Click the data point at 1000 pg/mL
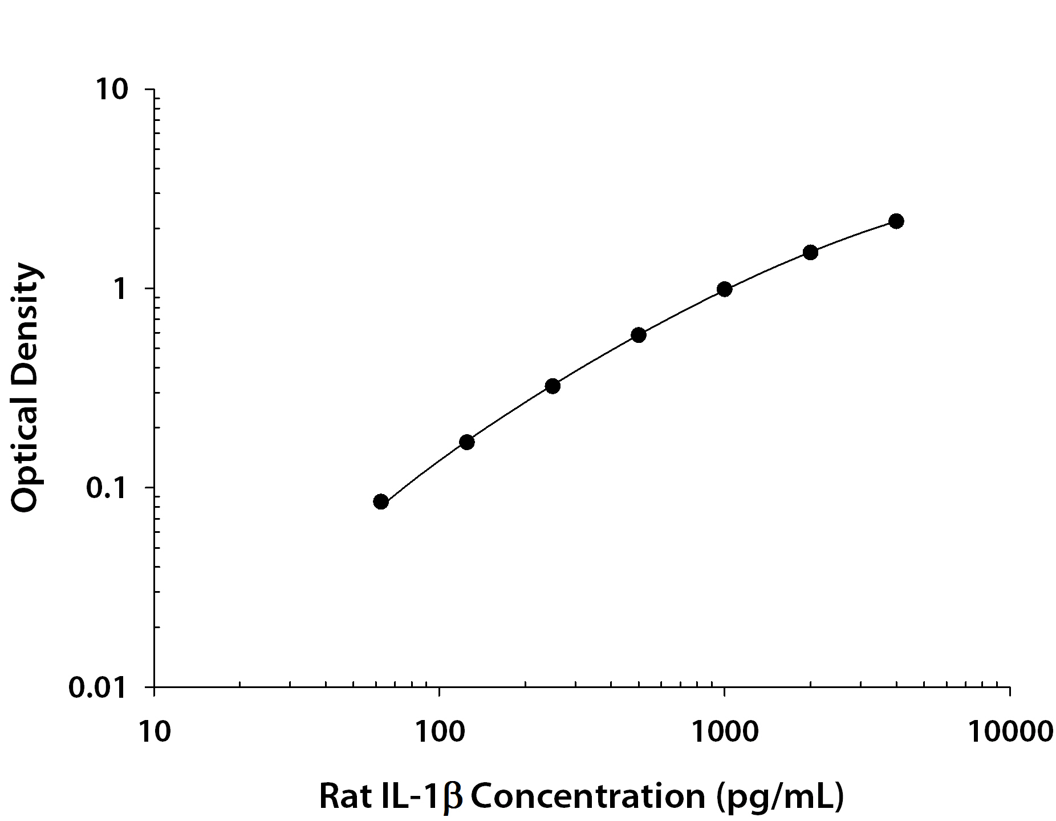click(724, 289)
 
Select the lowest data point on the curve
click(381, 502)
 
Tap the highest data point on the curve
click(896, 221)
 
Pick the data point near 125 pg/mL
click(466, 442)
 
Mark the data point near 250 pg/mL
click(552, 386)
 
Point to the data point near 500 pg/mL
click(639, 335)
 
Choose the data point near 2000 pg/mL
click(810, 252)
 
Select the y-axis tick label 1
click(120, 289)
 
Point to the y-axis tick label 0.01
click(98, 687)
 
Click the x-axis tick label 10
click(154, 731)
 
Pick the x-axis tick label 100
click(439, 731)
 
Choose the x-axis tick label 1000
click(724, 731)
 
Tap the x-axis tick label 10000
click(1010, 731)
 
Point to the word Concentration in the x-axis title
click(587, 796)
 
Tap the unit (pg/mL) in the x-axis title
click(779, 797)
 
